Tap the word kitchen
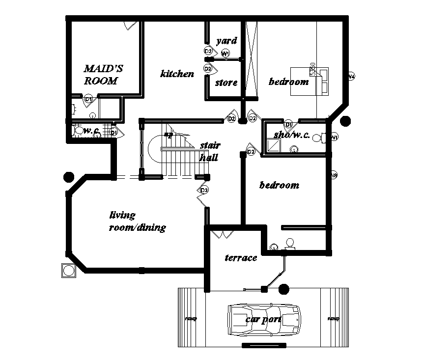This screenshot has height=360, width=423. click(x=177, y=74)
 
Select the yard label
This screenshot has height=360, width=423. click(x=226, y=40)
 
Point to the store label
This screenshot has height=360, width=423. click(x=226, y=83)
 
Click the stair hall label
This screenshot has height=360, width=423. click(x=210, y=151)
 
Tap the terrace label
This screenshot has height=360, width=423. click(x=241, y=258)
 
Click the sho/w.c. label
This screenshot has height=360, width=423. click(x=292, y=135)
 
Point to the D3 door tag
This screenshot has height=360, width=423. click(x=204, y=190)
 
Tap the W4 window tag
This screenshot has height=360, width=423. click(x=351, y=76)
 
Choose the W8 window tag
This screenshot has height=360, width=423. click(x=334, y=175)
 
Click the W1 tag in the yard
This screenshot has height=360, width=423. click(x=226, y=53)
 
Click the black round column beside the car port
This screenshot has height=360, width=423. click(x=283, y=289)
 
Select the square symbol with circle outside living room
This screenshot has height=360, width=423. click(x=68, y=270)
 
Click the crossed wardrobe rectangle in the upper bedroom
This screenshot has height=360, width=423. click(x=251, y=59)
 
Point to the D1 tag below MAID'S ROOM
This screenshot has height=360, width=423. click(x=89, y=100)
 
